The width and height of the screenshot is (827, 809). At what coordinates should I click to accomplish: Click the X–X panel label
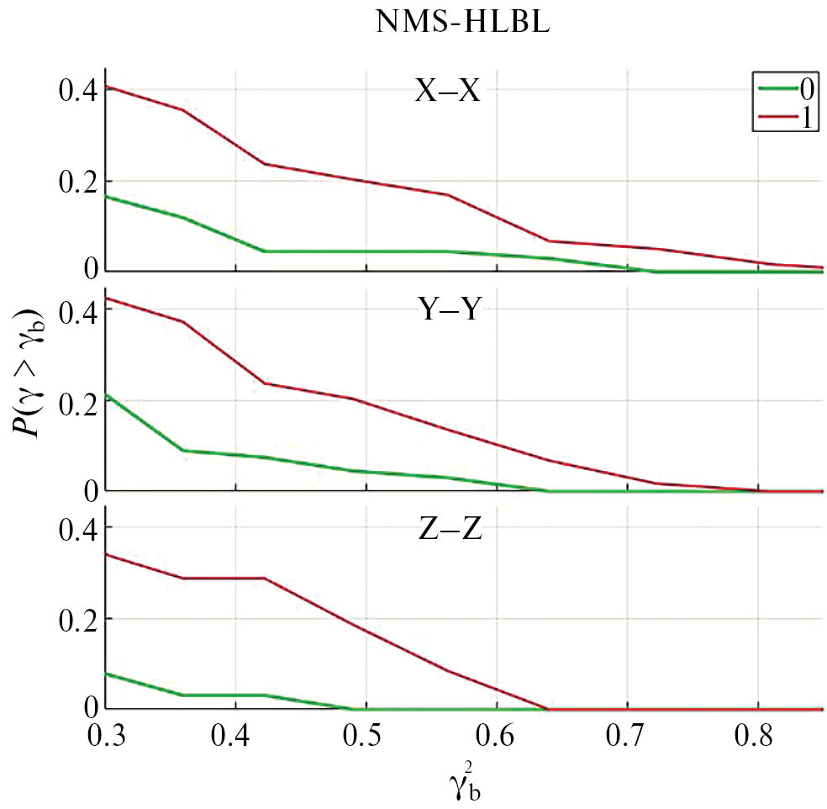click(x=446, y=91)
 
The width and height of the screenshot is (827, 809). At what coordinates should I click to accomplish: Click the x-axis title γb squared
click(x=461, y=782)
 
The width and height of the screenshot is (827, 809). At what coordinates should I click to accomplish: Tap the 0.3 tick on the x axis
click(x=106, y=739)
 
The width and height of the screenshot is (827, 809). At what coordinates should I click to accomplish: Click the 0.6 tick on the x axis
click(x=497, y=739)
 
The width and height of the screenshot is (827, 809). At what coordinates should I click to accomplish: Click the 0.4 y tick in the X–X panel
click(x=76, y=90)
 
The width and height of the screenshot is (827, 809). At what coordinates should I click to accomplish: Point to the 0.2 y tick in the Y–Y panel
click(x=76, y=400)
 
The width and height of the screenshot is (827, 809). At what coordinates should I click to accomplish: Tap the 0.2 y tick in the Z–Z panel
click(x=76, y=619)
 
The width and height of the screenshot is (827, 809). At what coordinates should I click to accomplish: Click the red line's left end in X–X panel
click(x=107, y=87)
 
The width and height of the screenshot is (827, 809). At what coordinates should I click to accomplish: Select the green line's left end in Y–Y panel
click(x=107, y=394)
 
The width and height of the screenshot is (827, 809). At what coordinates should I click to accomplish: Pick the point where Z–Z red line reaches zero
click(x=547, y=709)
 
